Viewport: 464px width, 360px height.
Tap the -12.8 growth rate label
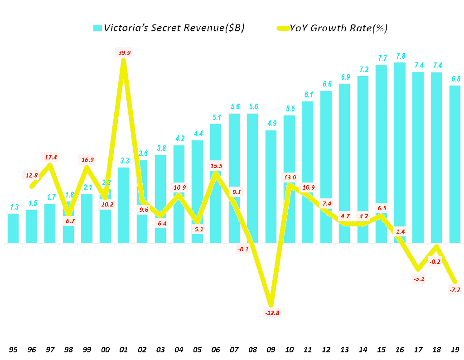[x=271, y=312]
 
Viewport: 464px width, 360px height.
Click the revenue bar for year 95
[x=14, y=228]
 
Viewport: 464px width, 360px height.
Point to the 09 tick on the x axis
[x=271, y=349]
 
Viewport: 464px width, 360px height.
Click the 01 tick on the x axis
[x=124, y=349]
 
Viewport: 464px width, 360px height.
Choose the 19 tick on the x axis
[x=455, y=349]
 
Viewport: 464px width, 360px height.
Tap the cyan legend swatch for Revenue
[x=97, y=28]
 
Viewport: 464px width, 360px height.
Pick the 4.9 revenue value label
[x=271, y=124]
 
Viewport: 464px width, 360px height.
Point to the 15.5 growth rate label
[x=216, y=166]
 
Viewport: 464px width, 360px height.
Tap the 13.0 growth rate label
[x=290, y=178]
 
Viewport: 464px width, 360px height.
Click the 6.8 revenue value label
[x=455, y=79]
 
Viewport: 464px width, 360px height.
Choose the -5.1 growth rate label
[x=418, y=278]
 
